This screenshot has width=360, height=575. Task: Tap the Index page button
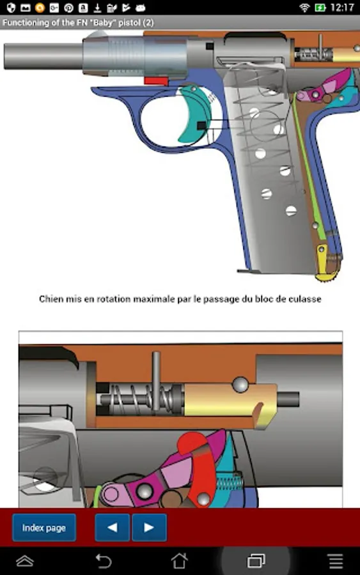pos(44,528)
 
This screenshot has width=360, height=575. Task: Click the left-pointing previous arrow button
pos(113,528)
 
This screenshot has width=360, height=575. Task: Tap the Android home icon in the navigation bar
pos(180,561)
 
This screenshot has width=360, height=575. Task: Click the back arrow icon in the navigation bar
pos(104,561)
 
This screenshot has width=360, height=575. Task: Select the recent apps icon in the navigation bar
pos(256,561)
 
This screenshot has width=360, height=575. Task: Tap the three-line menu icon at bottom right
pos(336,561)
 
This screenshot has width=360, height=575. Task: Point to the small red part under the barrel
pos(156,80)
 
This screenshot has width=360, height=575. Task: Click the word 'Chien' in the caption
pos(51,299)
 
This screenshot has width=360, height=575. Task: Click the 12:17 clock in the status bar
pos(342,7)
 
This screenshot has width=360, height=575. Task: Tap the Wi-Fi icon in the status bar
pos(304,7)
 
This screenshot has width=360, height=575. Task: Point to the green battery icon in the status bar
pos(320,7)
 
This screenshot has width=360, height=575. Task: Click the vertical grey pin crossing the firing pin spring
pos(156,381)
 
